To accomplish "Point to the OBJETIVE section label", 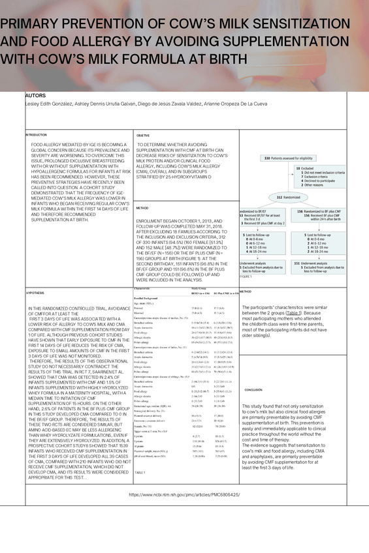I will (x=144, y=135).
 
